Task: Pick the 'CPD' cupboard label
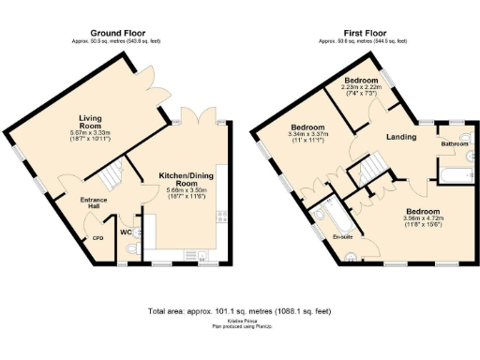pyautogui.click(x=97, y=237)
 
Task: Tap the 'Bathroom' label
pyautogui.click(x=456, y=143)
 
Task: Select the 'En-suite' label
pyautogui.click(x=342, y=236)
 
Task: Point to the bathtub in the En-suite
pyautogui.click(x=323, y=221)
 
